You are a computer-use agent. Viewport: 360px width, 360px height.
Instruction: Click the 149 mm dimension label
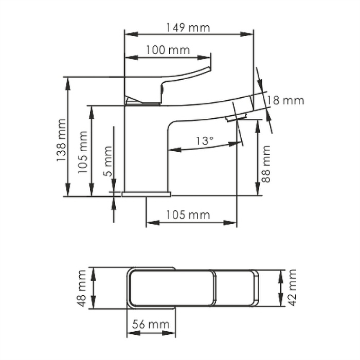point(189,28)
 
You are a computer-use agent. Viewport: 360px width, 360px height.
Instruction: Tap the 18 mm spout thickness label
point(285,100)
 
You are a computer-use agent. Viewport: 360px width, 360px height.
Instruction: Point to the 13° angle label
point(205,140)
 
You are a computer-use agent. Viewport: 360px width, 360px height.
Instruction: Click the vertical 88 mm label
point(266,164)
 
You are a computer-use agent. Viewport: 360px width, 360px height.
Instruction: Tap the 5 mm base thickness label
point(107,161)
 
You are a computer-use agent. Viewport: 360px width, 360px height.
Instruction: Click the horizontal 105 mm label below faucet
point(188,215)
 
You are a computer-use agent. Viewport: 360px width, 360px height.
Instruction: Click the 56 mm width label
point(151,324)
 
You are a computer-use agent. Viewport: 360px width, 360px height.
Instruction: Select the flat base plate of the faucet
point(146,194)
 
